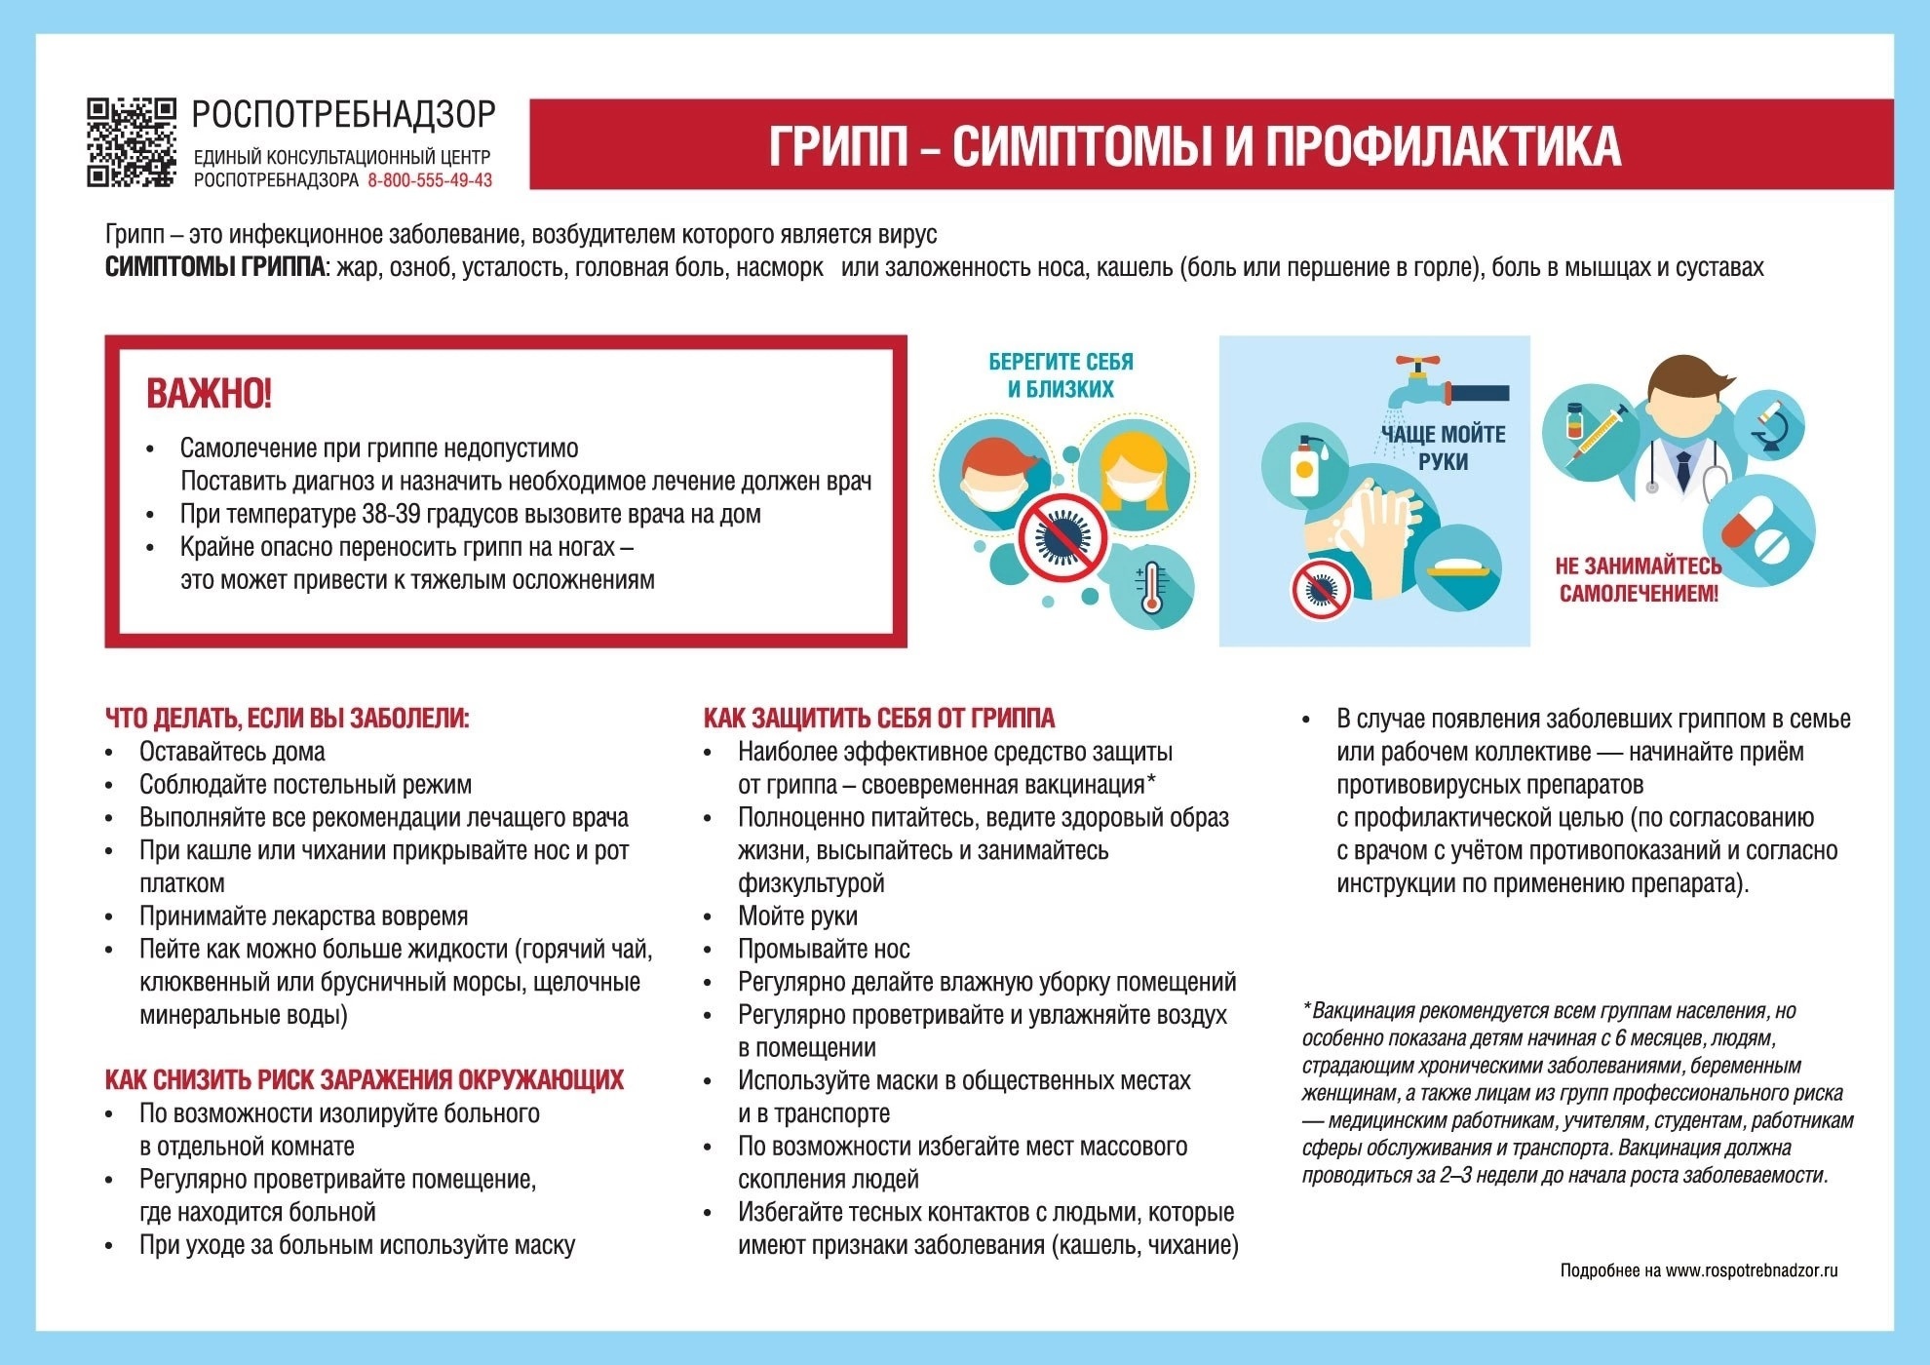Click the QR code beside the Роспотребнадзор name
click(x=132, y=142)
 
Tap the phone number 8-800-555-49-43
click(x=430, y=180)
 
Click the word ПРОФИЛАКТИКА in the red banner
click(x=1443, y=146)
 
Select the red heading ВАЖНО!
click(x=209, y=394)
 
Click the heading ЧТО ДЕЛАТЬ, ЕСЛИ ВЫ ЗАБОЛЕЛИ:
click(x=287, y=719)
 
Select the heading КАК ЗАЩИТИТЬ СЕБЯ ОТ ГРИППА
click(x=878, y=719)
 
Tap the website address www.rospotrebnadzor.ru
click(x=1751, y=1270)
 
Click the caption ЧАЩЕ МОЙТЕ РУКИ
click(x=1443, y=448)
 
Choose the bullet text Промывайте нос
click(x=824, y=949)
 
